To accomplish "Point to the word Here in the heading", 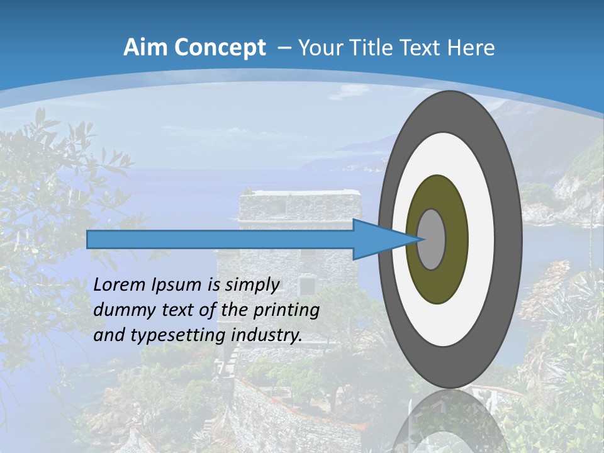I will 471,48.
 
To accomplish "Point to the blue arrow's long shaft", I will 220,239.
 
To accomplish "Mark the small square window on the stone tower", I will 307,286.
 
